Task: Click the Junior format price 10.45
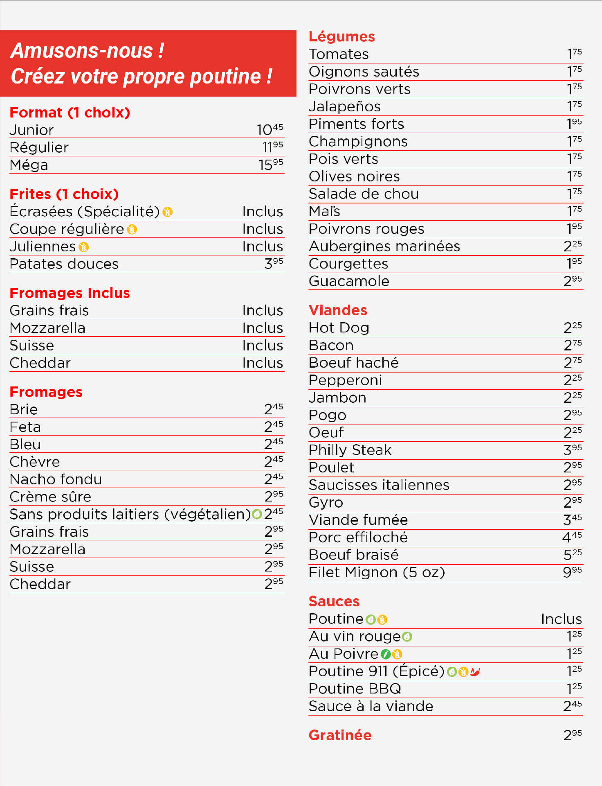(x=270, y=130)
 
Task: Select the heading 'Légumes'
(x=341, y=36)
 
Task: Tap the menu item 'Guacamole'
(x=349, y=281)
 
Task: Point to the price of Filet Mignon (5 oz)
(x=572, y=572)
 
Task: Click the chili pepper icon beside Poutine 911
(x=475, y=672)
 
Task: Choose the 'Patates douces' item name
(x=64, y=264)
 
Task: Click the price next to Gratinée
(x=572, y=735)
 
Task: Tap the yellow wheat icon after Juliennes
(x=84, y=247)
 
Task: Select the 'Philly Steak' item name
(x=350, y=450)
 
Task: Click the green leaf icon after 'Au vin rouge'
(x=407, y=637)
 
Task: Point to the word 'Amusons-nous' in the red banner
(x=82, y=51)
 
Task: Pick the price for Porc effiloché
(x=572, y=537)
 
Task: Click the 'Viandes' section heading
(x=338, y=310)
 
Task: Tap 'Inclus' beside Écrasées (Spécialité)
(x=263, y=212)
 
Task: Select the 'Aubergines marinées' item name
(x=384, y=246)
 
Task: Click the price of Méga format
(x=270, y=165)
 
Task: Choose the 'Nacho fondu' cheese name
(x=56, y=479)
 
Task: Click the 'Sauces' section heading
(x=334, y=601)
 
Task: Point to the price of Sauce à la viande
(x=572, y=706)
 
